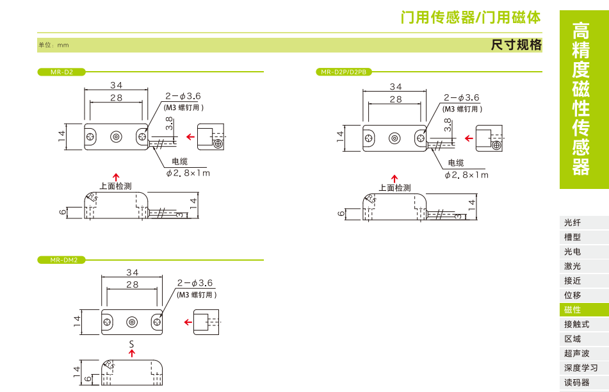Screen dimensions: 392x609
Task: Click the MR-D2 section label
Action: tap(61, 72)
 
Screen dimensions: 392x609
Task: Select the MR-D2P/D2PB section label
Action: tap(343, 72)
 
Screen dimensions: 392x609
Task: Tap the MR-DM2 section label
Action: tap(63, 260)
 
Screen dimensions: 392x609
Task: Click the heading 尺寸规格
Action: tap(516, 45)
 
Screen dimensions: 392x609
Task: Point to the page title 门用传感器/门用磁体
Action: tap(471, 17)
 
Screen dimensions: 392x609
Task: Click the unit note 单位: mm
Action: tap(53, 45)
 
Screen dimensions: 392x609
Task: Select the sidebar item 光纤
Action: tap(572, 223)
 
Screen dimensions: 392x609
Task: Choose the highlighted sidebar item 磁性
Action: tap(572, 310)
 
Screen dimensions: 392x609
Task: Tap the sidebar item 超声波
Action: tap(576, 354)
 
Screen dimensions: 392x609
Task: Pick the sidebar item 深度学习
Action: tap(581, 368)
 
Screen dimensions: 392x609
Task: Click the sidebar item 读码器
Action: tap(576, 383)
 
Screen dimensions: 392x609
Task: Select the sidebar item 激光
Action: tap(572, 266)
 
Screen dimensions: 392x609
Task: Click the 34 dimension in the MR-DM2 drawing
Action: tap(132, 272)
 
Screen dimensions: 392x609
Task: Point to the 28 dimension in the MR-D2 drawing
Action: tap(116, 97)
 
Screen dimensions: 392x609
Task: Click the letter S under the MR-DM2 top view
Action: tap(132, 345)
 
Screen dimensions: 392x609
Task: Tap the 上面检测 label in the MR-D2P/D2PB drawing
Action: tap(394, 188)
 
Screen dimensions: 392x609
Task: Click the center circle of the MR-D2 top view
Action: tap(116, 136)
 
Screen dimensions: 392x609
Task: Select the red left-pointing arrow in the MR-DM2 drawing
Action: tap(188, 322)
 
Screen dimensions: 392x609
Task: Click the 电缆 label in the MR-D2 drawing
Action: tap(180, 161)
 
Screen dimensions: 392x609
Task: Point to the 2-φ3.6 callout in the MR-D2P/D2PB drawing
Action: tap(461, 97)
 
